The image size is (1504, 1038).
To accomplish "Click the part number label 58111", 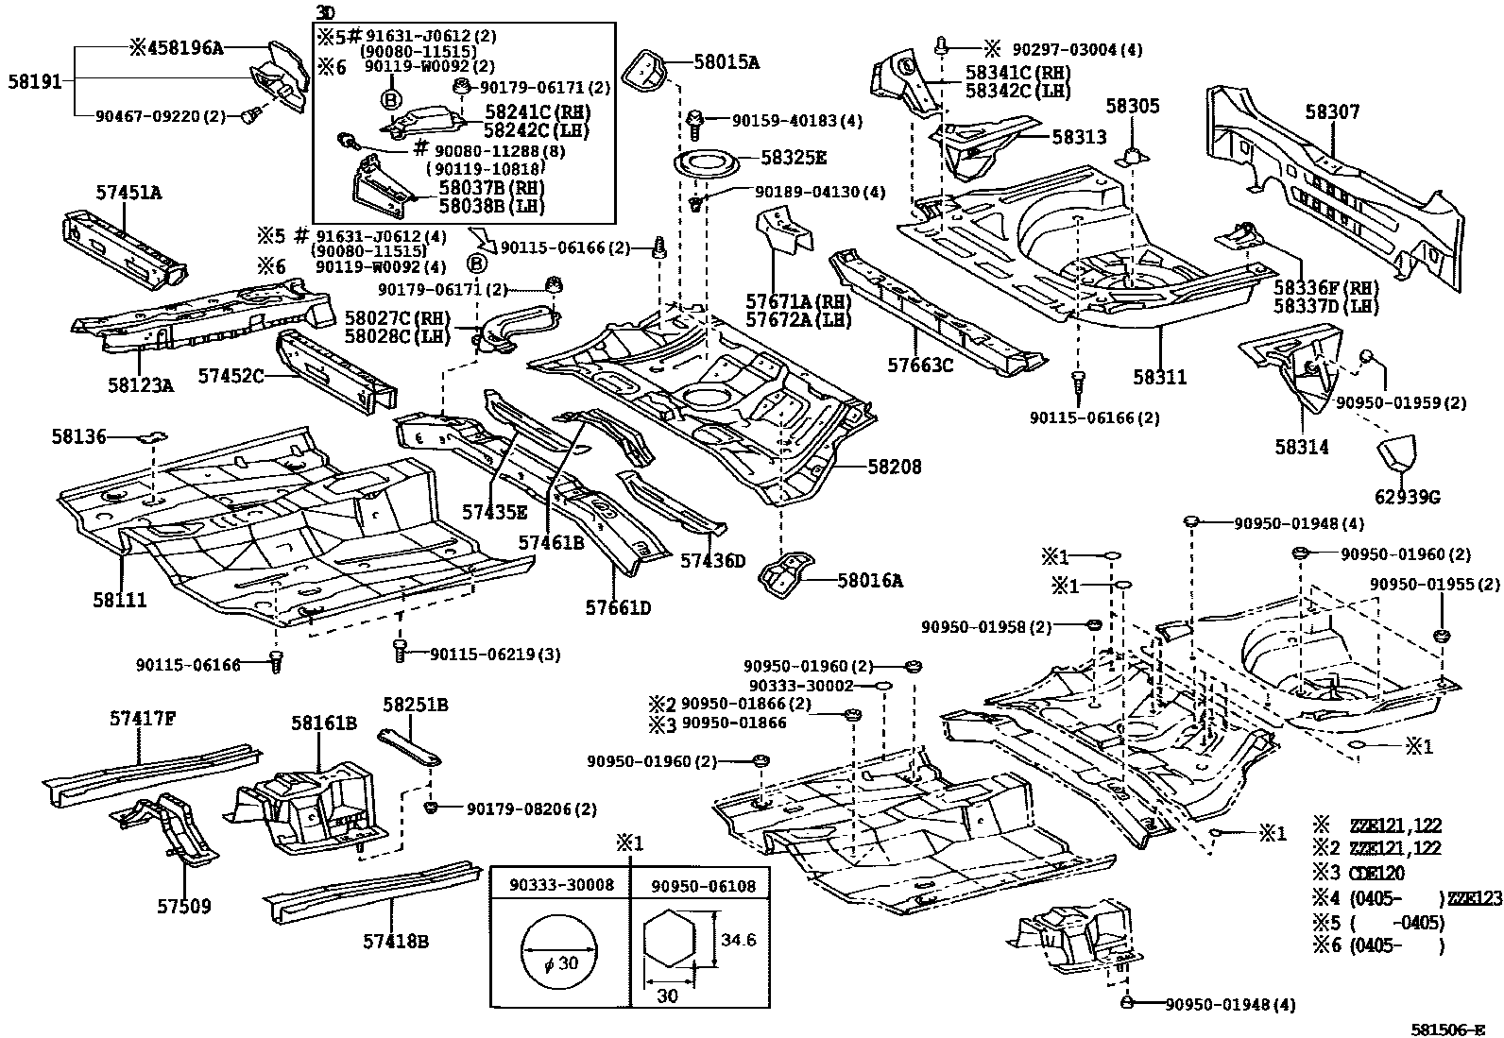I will pyautogui.click(x=120, y=600).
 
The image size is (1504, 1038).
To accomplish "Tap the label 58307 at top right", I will pyautogui.click(x=1333, y=112).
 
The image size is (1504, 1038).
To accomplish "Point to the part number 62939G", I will pyautogui.click(x=1408, y=497).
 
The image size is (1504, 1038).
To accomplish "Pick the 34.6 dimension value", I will pyautogui.click(x=738, y=940).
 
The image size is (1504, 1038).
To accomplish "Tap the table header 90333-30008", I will pyautogui.click(x=561, y=885).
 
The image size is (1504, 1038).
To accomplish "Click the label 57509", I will pyautogui.click(x=184, y=907).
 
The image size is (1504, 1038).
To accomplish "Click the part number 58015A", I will pyautogui.click(x=726, y=62).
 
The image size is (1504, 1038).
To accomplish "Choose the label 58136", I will pyautogui.click(x=79, y=436).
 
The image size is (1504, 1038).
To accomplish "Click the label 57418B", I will pyautogui.click(x=396, y=941).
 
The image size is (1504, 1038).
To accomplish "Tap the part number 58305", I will pyautogui.click(x=1132, y=107).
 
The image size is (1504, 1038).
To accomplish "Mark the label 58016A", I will pyautogui.click(x=869, y=581).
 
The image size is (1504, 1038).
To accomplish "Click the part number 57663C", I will pyautogui.click(x=920, y=364).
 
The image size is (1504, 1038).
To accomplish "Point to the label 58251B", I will pyautogui.click(x=415, y=705).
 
